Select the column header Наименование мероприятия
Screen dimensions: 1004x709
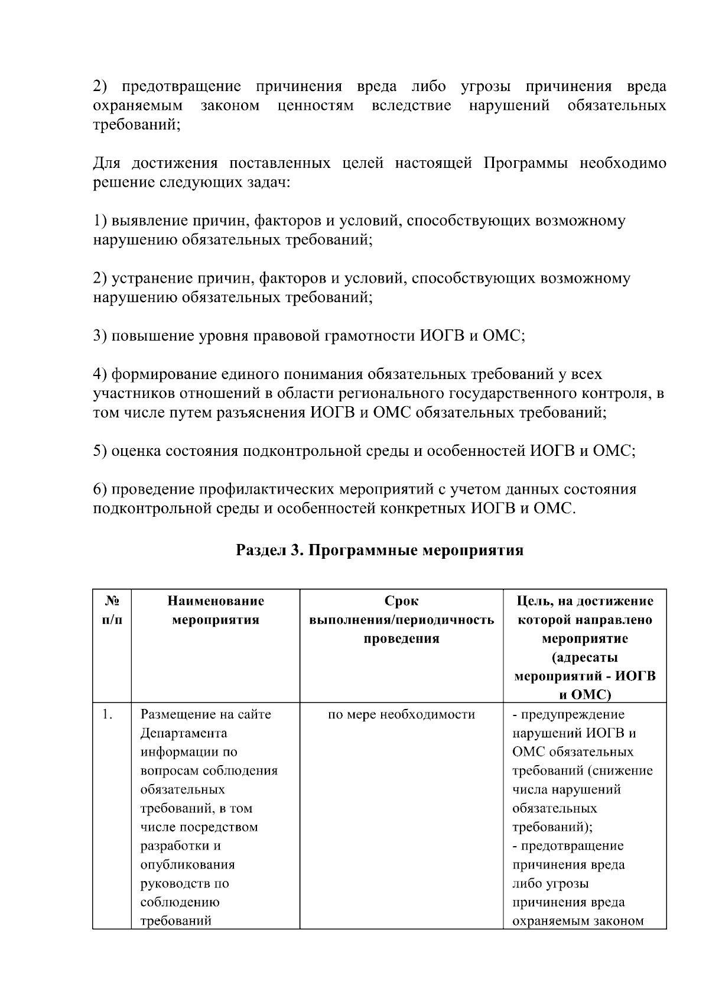(216, 611)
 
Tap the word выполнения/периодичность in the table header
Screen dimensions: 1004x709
(401, 620)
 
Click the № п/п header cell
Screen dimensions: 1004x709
(112, 611)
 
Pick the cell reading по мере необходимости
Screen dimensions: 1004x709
(401, 715)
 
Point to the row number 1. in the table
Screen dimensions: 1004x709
(107, 715)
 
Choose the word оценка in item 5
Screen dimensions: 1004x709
(136, 451)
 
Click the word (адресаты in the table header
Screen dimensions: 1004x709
(585, 658)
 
